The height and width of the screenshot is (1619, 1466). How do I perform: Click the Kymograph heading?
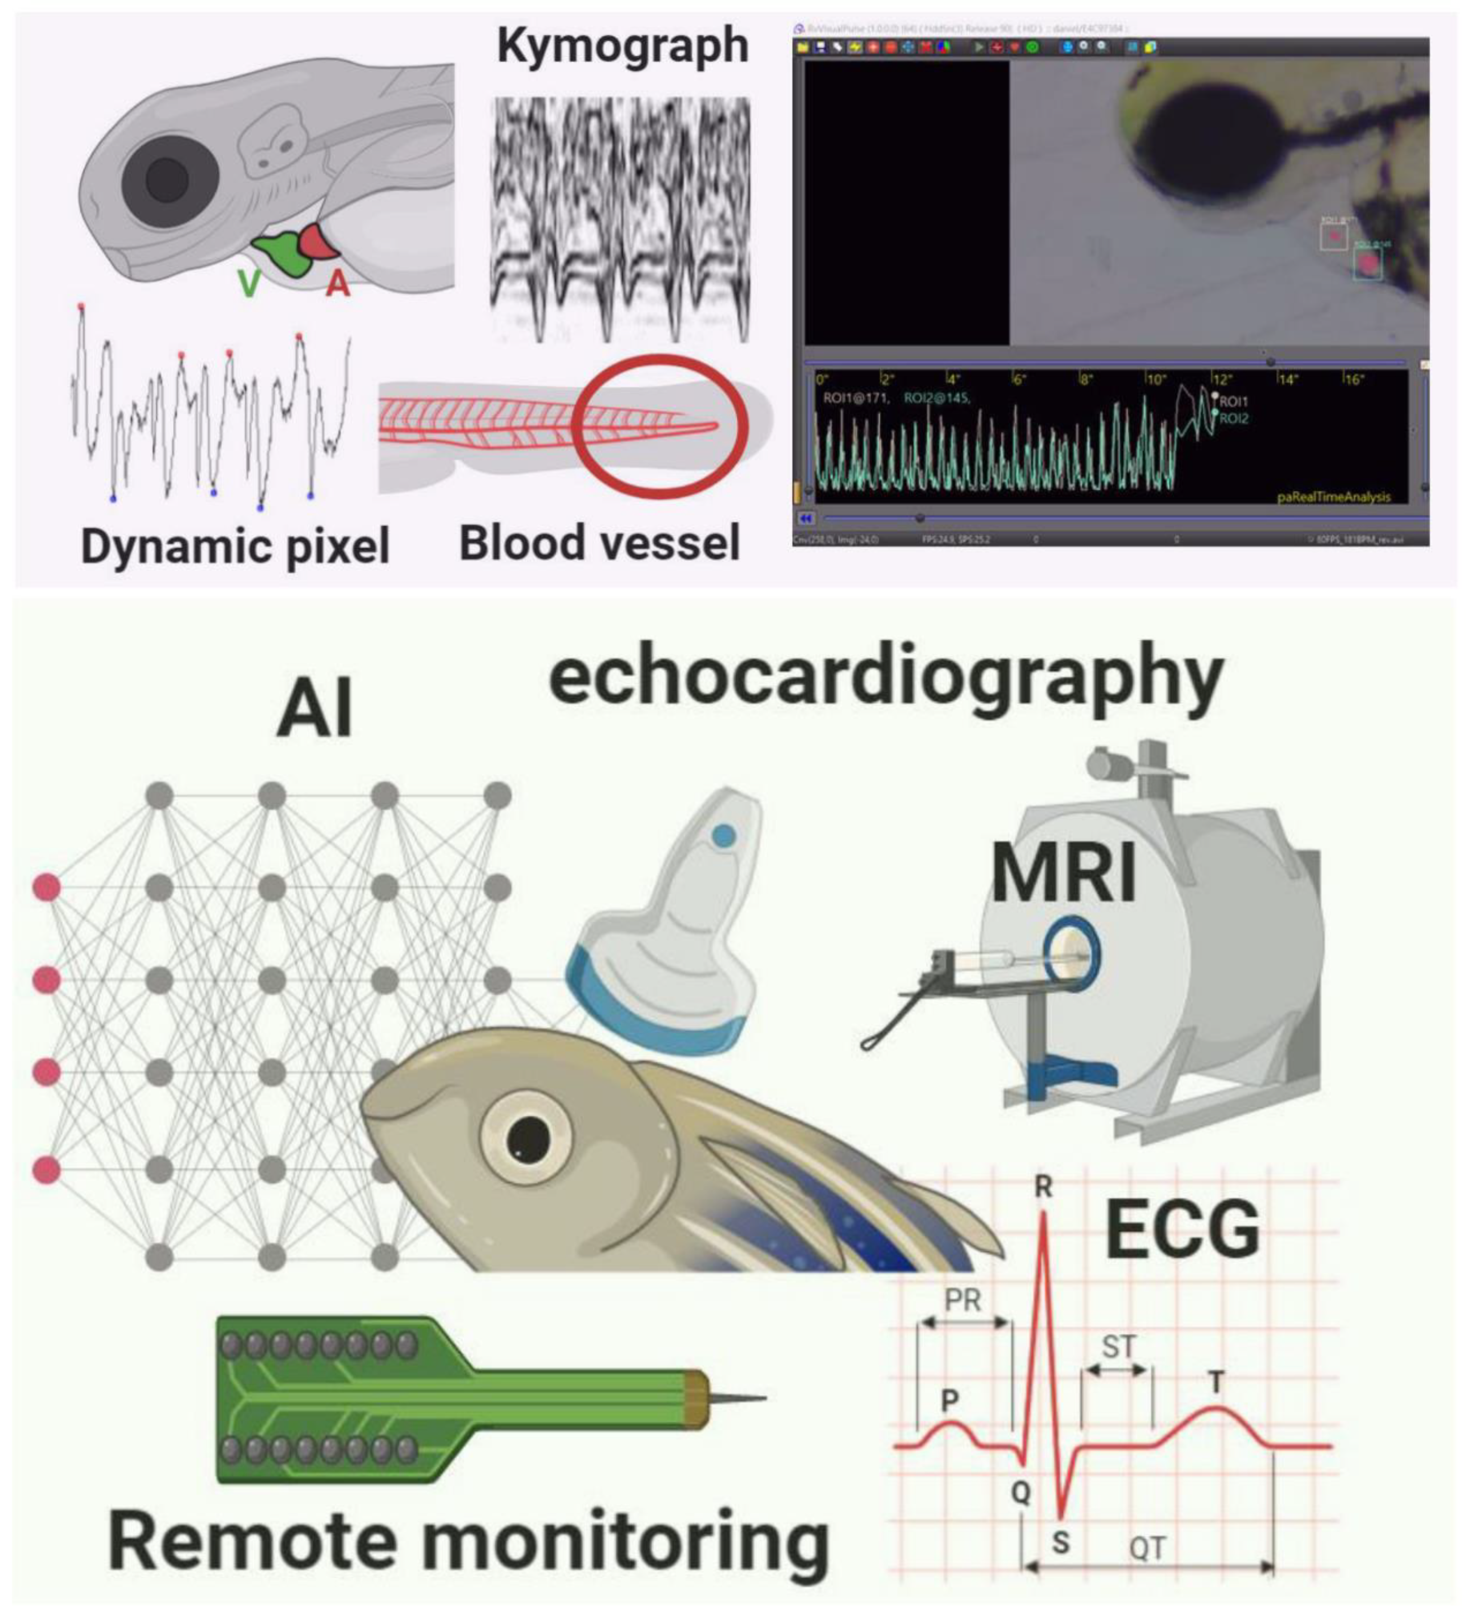point(622,46)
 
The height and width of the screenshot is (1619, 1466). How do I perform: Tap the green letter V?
point(249,284)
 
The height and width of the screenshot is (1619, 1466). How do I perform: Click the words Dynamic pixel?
point(236,547)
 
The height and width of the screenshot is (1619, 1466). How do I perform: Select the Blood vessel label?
point(599,544)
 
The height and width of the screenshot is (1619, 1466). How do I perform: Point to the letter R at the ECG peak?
point(1043,1185)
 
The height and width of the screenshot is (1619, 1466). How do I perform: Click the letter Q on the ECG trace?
point(1020,1492)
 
